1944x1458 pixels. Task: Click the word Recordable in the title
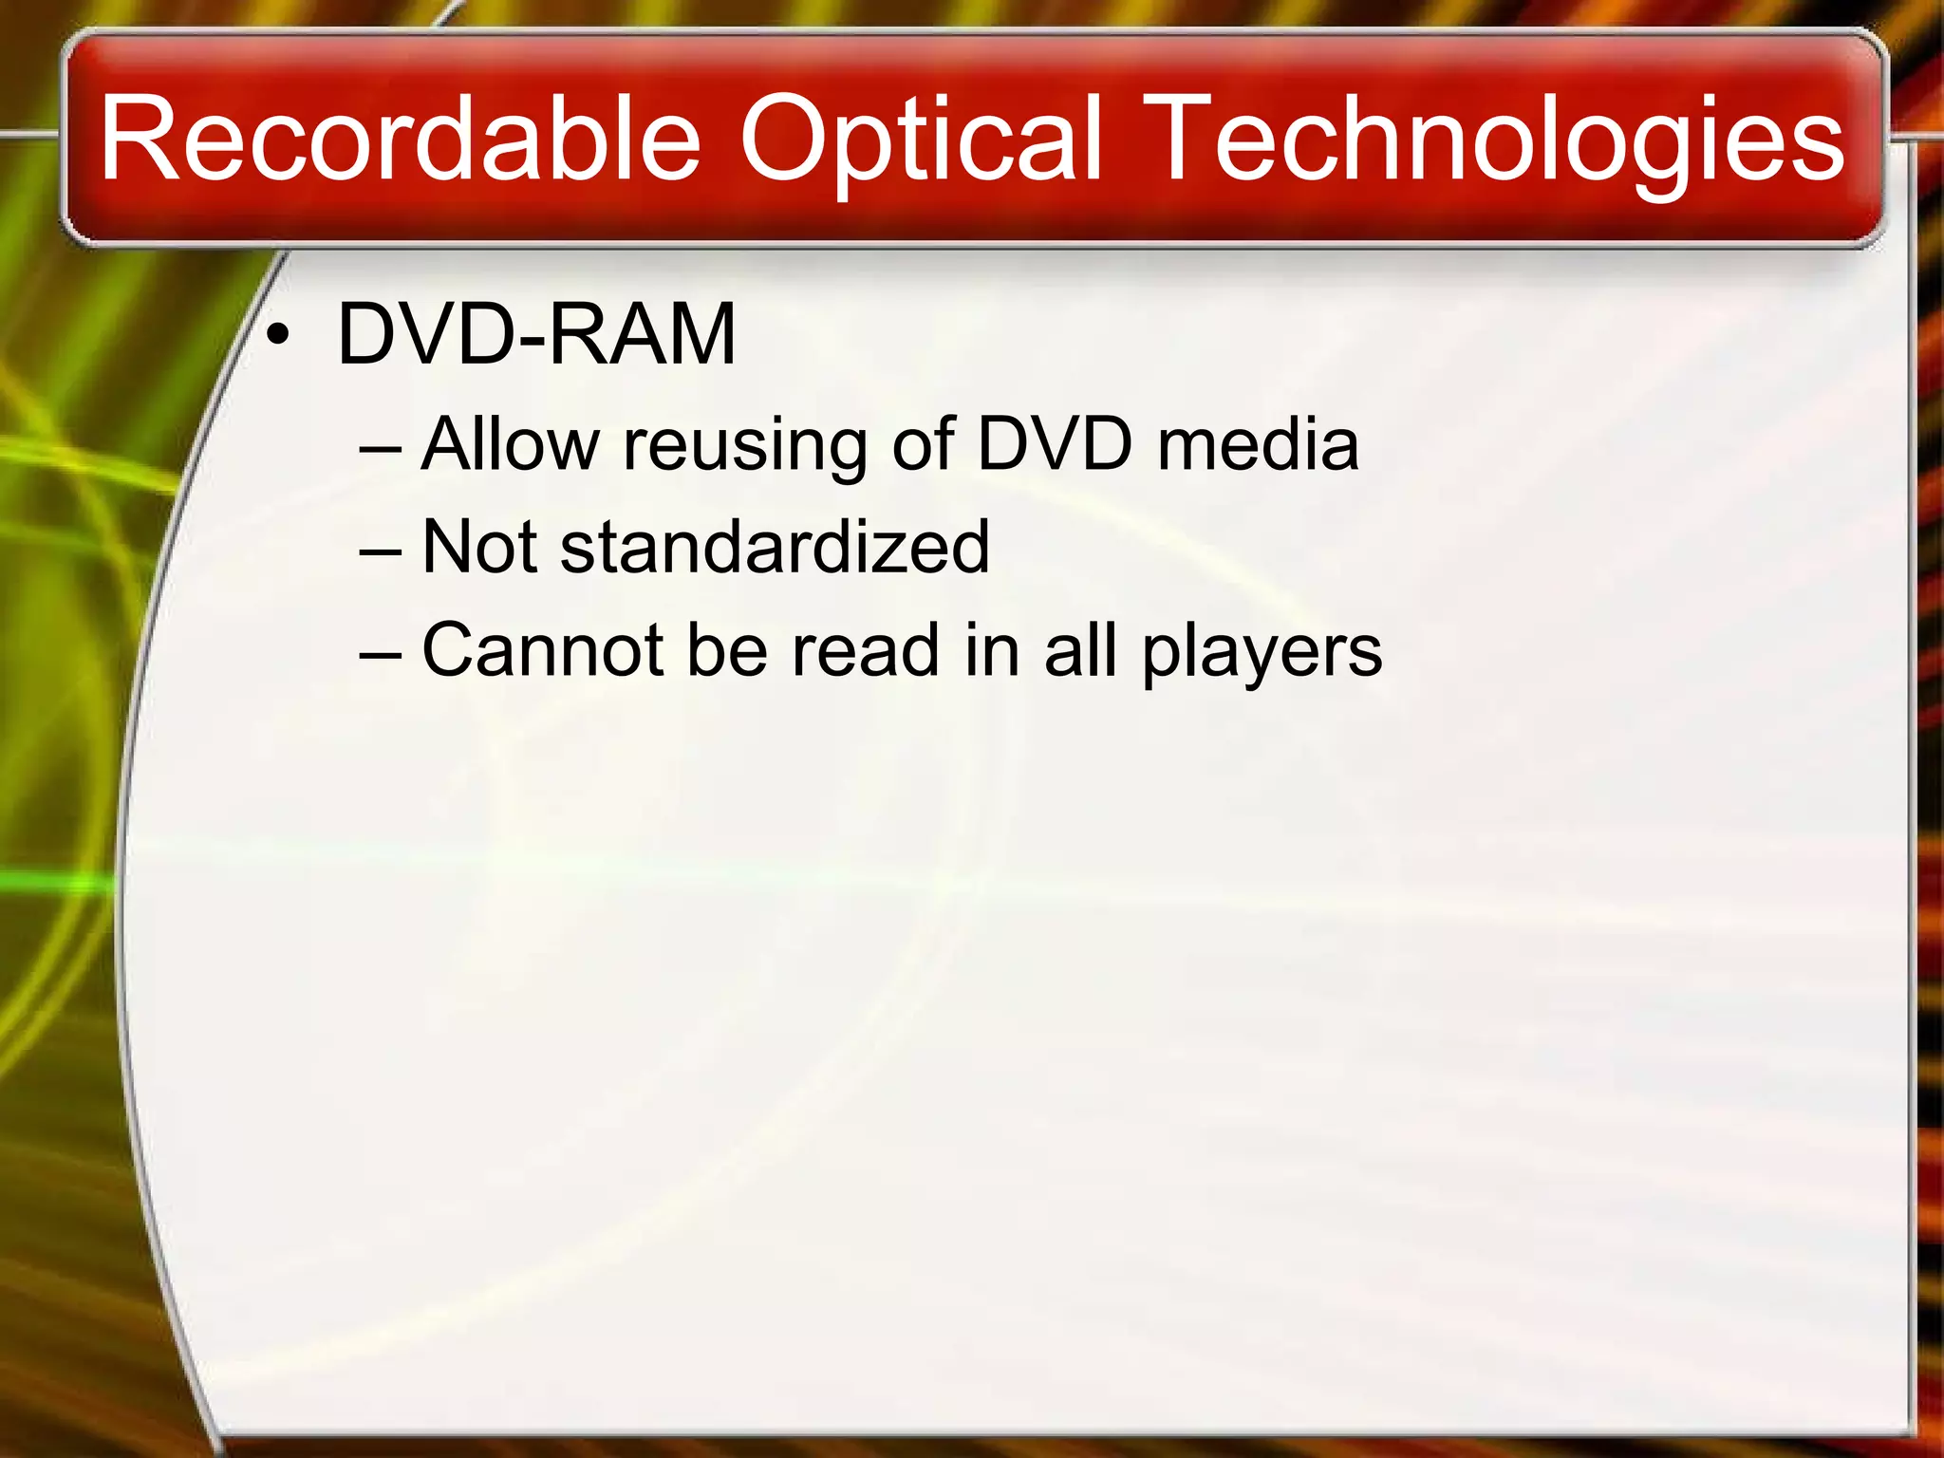(x=400, y=140)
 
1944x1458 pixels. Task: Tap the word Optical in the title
(x=920, y=140)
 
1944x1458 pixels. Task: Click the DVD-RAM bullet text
(x=536, y=333)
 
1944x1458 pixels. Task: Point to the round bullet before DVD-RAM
(x=277, y=335)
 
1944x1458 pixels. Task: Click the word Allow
(x=511, y=443)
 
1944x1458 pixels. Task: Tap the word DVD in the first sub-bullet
(x=1055, y=443)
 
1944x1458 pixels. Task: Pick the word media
(x=1259, y=443)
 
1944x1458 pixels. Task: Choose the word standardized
(x=775, y=547)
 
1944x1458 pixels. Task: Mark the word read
(x=865, y=650)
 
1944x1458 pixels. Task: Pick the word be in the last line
(x=726, y=650)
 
